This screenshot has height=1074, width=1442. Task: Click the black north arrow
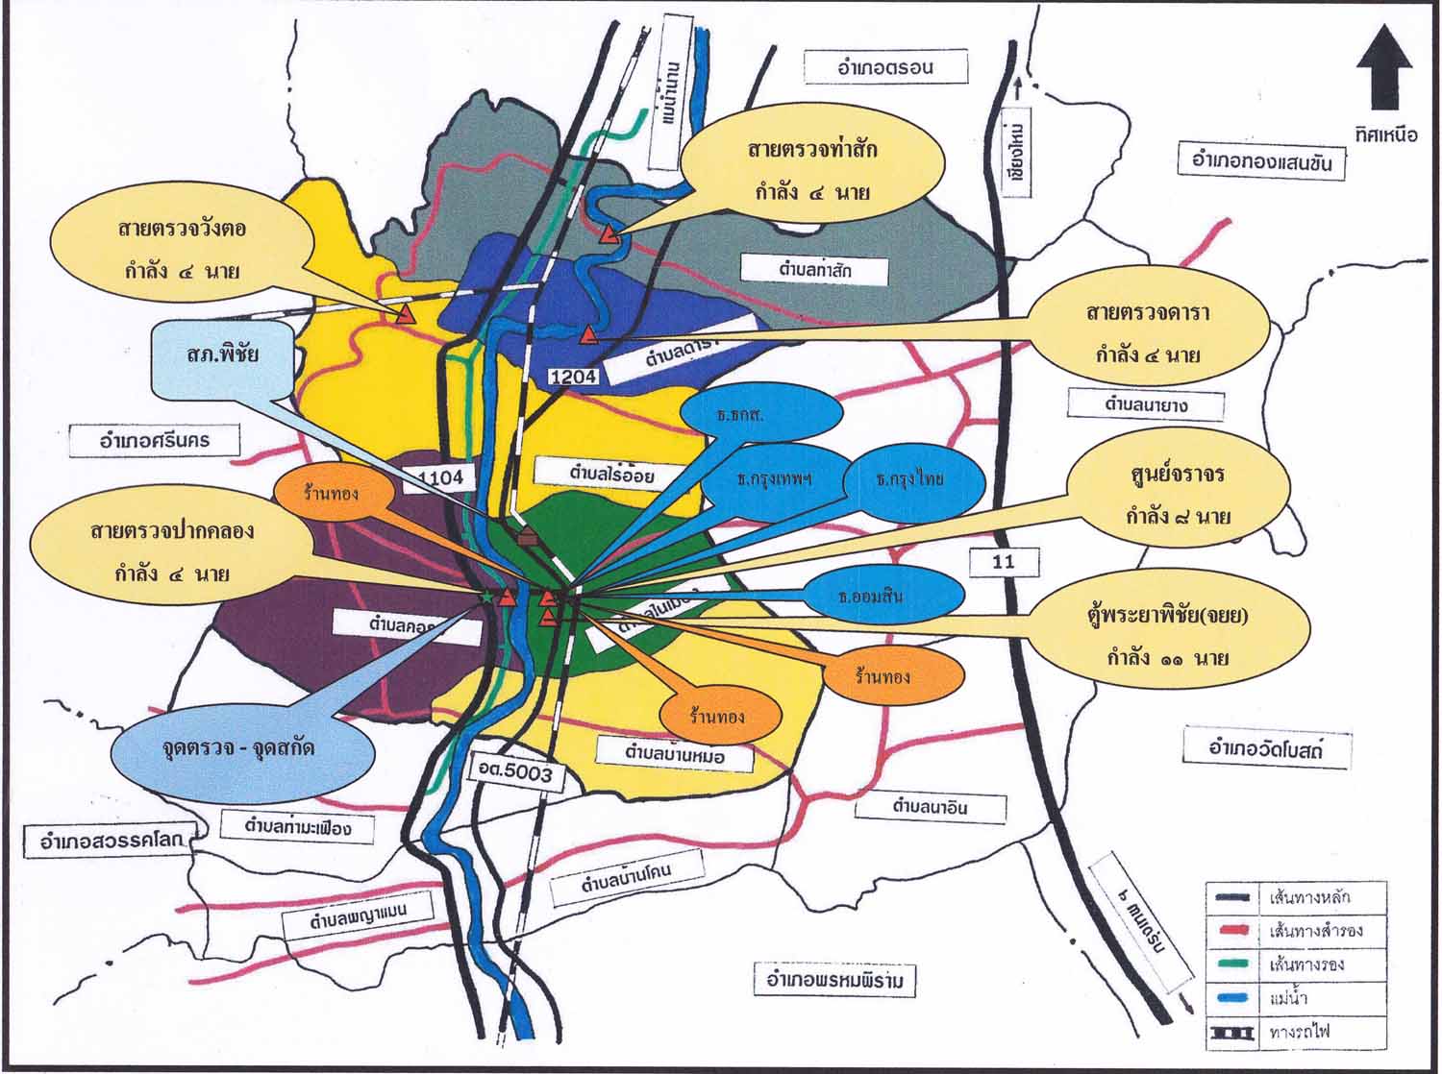[x=1384, y=75]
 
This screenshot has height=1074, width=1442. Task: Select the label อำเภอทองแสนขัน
[x=1260, y=160]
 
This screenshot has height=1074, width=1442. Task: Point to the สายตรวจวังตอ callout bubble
[x=183, y=249]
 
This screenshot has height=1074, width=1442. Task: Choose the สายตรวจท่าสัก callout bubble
[x=811, y=171]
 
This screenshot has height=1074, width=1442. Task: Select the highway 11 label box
[x=1003, y=562]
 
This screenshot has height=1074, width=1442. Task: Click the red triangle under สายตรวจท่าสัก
[x=608, y=233]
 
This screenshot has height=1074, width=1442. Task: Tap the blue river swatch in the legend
[x=1231, y=999]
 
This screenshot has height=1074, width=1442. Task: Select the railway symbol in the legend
[x=1231, y=1034]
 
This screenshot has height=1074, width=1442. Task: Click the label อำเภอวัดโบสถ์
[x=1266, y=746]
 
